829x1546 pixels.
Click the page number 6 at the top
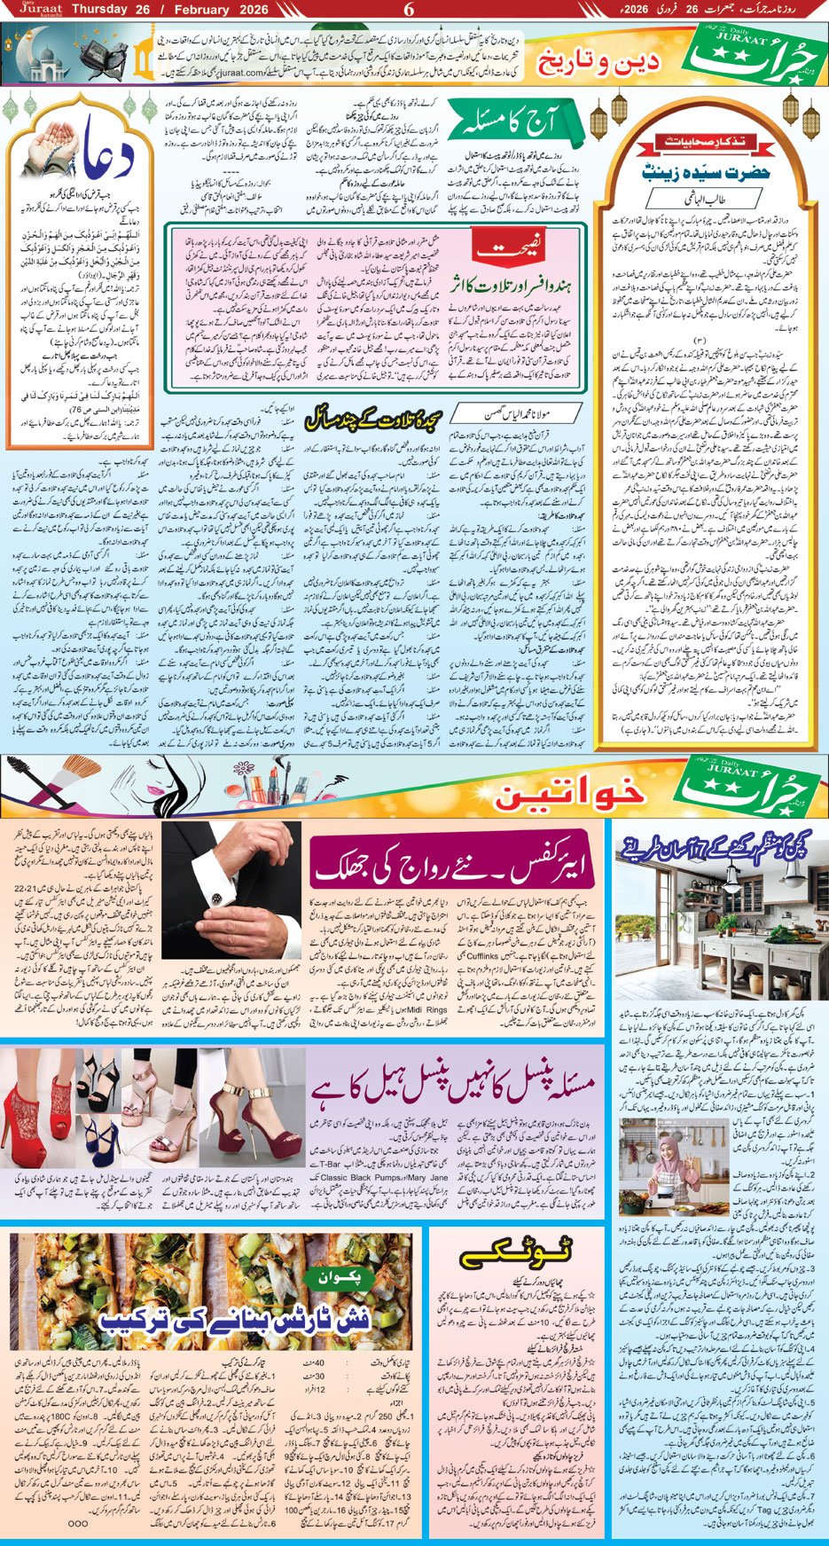point(409,10)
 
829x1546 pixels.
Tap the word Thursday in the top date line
point(99,10)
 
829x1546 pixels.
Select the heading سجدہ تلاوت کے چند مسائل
point(372,420)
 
